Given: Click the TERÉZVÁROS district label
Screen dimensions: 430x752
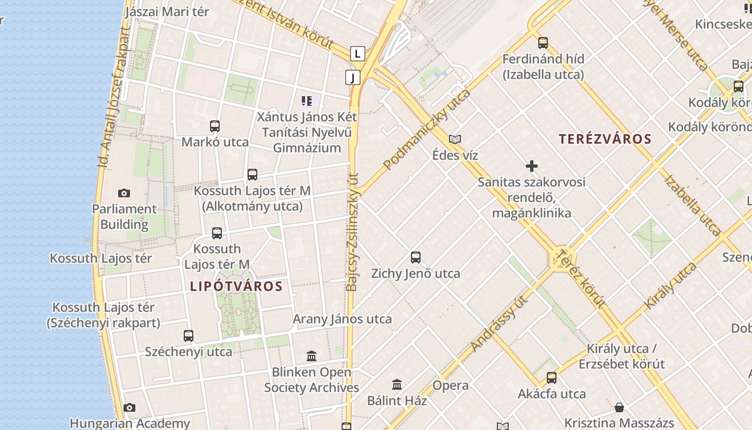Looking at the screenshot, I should pyautogui.click(x=605, y=139).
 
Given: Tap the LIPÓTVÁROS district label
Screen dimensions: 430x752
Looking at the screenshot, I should pyautogui.click(x=236, y=286).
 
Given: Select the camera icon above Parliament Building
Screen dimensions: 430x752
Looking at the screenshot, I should pyautogui.click(x=124, y=193).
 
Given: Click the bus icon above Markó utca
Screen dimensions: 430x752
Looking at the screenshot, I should pyautogui.click(x=215, y=126).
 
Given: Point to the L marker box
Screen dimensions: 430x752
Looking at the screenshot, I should pyautogui.click(x=357, y=54).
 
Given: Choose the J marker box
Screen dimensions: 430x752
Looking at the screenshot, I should pyautogui.click(x=352, y=77).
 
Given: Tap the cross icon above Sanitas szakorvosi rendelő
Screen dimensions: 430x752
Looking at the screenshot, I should pyautogui.click(x=532, y=166).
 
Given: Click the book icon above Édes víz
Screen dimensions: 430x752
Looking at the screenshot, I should pyautogui.click(x=455, y=140).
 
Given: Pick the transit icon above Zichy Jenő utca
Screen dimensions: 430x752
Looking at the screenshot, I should pyautogui.click(x=416, y=257).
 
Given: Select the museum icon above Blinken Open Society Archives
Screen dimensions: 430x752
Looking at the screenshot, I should pyautogui.click(x=312, y=356).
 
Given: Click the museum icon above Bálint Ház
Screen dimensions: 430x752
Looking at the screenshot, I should pyautogui.click(x=397, y=384).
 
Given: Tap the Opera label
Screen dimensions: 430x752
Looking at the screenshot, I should pyautogui.click(x=450, y=385).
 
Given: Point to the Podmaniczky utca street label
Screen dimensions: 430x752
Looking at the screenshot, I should pyautogui.click(x=428, y=129).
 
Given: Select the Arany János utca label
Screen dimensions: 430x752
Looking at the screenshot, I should pyautogui.click(x=342, y=319).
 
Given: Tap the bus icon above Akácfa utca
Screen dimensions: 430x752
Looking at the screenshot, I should pyautogui.click(x=552, y=378).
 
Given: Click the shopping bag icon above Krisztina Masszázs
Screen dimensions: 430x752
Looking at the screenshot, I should pyautogui.click(x=619, y=407).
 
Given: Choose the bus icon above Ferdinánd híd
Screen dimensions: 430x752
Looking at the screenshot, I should pyautogui.click(x=543, y=42).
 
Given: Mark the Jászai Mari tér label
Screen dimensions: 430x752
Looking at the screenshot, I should pyautogui.click(x=167, y=12).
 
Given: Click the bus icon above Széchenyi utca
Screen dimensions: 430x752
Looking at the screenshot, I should pyautogui.click(x=189, y=336).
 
